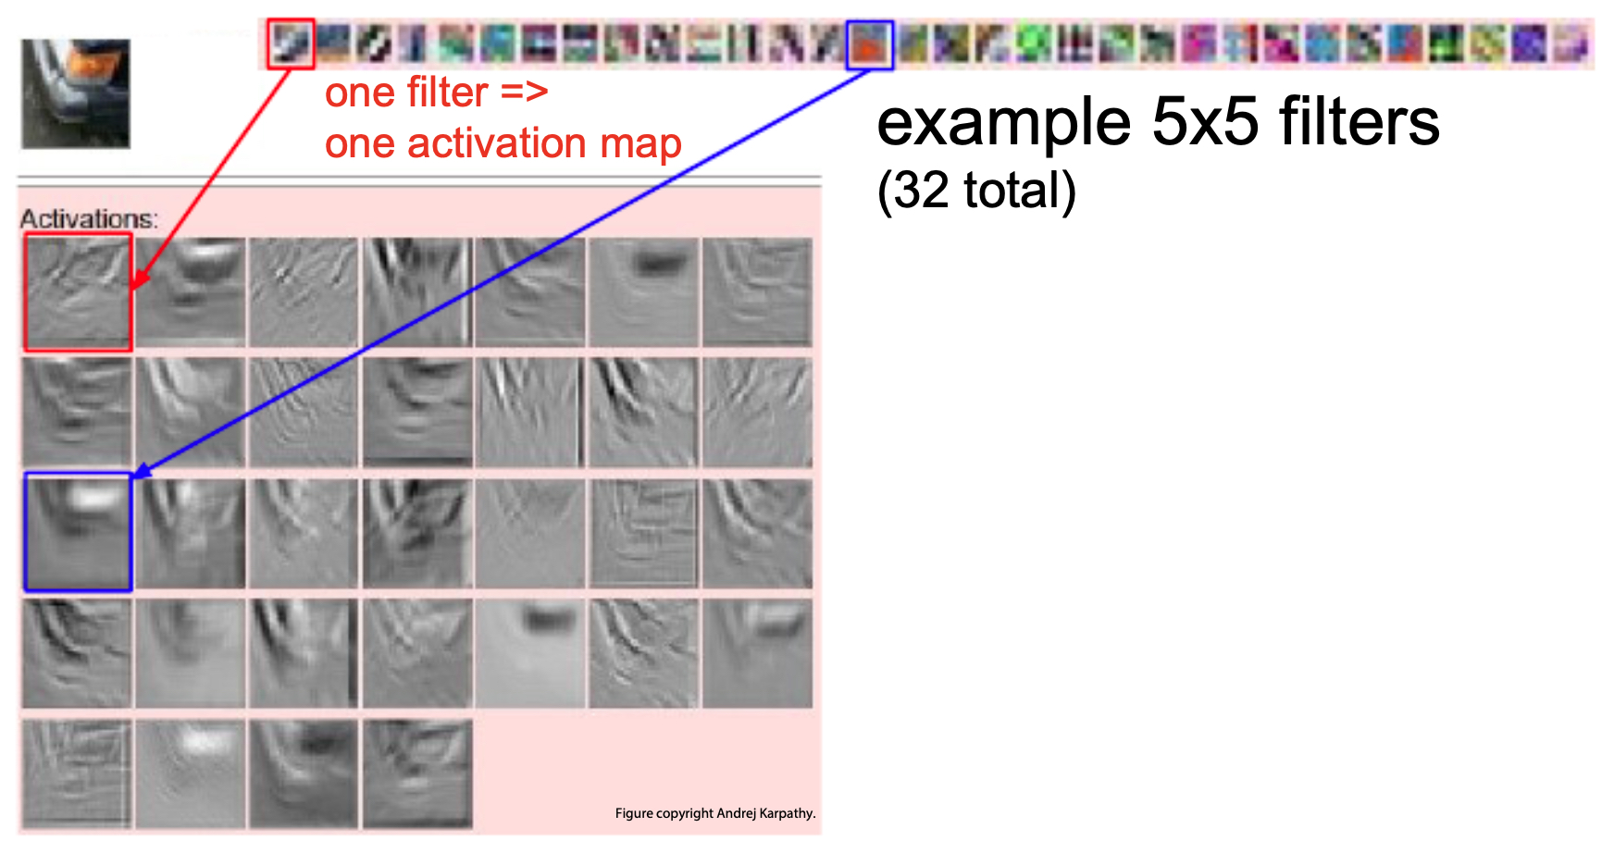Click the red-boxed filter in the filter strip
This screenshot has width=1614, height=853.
292,43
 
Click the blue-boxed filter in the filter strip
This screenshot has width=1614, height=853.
870,44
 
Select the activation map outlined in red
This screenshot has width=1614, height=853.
78,292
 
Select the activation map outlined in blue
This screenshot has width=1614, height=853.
78,532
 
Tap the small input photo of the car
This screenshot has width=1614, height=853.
76,93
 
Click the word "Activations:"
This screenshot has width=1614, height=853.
89,219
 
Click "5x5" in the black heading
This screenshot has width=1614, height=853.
1205,122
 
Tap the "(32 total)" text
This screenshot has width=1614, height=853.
976,191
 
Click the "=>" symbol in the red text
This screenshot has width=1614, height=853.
525,93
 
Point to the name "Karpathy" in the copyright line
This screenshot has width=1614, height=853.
786,813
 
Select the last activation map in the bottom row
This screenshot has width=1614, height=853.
417,773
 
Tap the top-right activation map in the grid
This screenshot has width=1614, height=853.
757,292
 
